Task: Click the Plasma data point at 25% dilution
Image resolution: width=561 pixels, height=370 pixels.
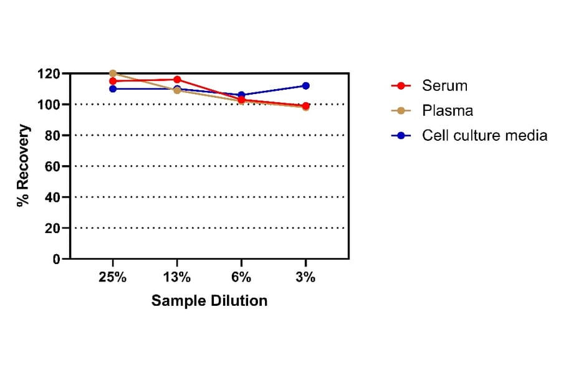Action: coord(113,74)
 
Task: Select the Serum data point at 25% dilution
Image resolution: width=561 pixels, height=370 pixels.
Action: coord(113,81)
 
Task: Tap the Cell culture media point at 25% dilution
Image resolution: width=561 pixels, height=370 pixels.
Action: coord(113,88)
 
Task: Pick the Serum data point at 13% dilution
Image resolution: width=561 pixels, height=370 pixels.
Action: coord(177,80)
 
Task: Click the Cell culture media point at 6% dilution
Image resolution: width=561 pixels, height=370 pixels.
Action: coord(241,95)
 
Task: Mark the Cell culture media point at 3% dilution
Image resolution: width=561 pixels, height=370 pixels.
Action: coord(305,86)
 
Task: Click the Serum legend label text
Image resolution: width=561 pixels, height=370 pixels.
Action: coord(444,85)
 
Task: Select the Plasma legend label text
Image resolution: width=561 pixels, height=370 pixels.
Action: coord(448,110)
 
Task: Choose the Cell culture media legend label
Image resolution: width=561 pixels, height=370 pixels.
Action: coord(484,135)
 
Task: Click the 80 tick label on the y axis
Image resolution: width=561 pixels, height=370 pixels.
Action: coord(53,135)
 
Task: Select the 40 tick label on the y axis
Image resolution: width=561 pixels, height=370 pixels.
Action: coord(53,197)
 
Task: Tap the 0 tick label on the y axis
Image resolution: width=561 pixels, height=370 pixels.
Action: coord(56,259)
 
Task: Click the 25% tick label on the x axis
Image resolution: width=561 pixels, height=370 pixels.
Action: coord(113,278)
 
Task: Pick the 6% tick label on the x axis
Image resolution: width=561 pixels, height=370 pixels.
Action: coord(241,278)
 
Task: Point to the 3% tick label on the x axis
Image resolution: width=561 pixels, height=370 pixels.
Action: coord(305,278)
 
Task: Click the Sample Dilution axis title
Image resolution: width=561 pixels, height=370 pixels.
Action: coord(209,301)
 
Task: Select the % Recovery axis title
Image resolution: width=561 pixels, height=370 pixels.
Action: coord(24,166)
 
